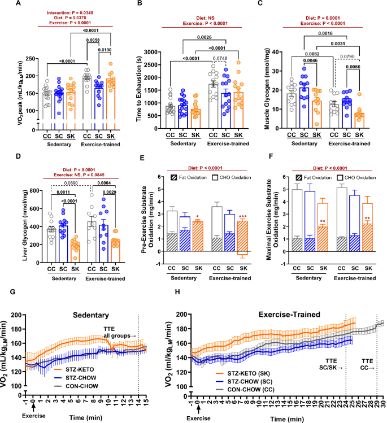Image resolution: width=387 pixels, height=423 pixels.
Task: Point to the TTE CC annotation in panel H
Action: (366, 363)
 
